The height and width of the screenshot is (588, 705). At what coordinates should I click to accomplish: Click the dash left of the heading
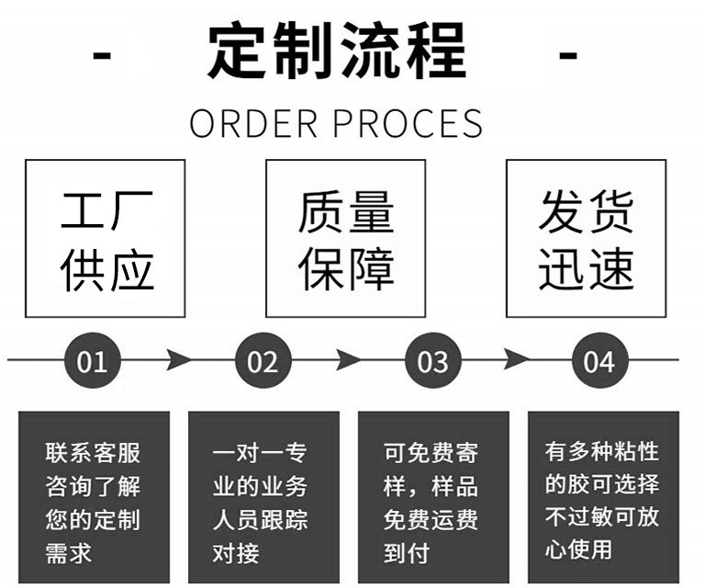tap(103, 55)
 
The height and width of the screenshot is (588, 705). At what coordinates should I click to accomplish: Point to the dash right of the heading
tap(569, 55)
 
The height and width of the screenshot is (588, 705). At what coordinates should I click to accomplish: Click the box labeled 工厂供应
tap(105, 239)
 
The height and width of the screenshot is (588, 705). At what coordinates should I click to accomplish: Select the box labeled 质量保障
tap(345, 239)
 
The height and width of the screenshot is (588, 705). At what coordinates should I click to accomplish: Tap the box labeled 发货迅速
tap(586, 239)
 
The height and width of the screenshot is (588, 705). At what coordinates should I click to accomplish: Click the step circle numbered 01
tap(92, 361)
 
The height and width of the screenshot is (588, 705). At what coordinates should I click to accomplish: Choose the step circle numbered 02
tap(263, 361)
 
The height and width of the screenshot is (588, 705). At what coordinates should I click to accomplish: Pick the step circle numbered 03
tap(432, 361)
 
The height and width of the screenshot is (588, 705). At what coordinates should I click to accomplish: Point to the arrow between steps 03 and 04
tap(516, 359)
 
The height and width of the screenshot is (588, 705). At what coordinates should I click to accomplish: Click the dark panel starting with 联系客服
tap(94, 497)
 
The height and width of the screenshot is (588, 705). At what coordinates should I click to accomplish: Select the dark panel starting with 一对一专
tap(263, 497)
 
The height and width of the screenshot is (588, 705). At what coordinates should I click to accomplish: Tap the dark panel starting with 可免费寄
tap(432, 497)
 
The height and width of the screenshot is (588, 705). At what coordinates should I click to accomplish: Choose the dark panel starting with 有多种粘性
tap(602, 497)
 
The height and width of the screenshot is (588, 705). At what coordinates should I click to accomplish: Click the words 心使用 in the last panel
tap(578, 550)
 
